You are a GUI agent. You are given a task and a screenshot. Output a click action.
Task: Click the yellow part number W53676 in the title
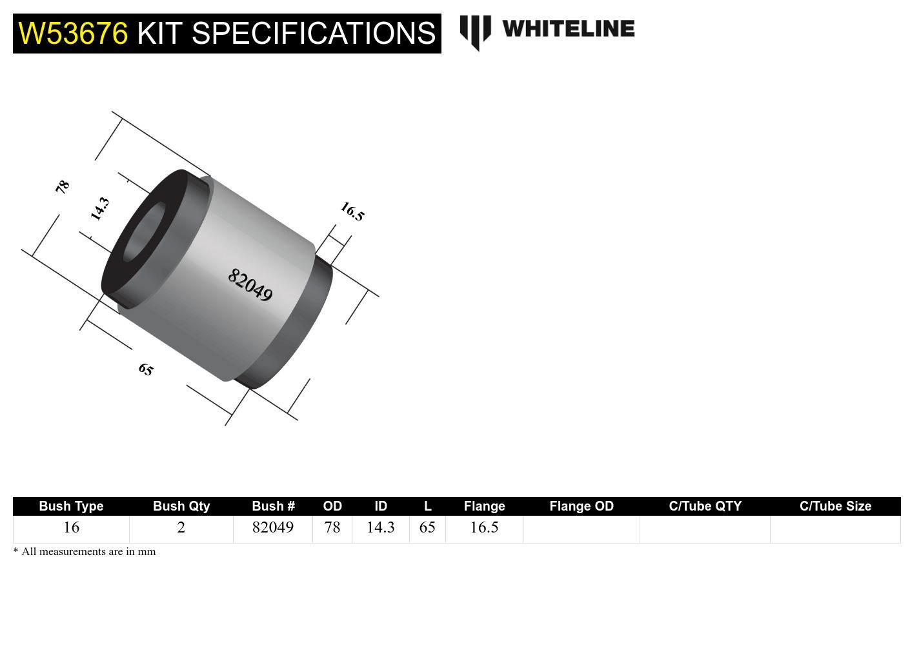[x=73, y=33]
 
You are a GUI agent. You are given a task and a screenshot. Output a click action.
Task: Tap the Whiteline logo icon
[x=476, y=31]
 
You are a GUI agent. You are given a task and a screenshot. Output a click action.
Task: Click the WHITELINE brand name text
[x=568, y=28]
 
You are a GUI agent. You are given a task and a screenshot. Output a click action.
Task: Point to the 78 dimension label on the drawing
[x=62, y=187]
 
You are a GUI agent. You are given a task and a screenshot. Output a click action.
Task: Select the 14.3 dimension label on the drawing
[x=99, y=209]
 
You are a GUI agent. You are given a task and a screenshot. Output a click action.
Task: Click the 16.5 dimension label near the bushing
[x=352, y=211]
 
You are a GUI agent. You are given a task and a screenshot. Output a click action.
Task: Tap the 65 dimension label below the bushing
[x=147, y=369]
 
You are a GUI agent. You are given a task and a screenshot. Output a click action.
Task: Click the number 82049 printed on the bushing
[x=250, y=285]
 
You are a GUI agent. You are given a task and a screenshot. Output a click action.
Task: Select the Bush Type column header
[x=71, y=506]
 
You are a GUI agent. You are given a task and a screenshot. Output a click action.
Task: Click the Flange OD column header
[x=581, y=506]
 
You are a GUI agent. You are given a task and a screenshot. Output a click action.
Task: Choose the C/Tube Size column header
[x=835, y=506]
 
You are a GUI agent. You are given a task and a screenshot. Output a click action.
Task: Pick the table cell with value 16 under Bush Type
[x=71, y=527]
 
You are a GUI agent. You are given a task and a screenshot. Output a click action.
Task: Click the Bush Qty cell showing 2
[x=181, y=527]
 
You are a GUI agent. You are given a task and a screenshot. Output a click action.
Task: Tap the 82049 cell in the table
[x=272, y=527]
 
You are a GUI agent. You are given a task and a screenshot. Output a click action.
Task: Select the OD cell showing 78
[x=332, y=527]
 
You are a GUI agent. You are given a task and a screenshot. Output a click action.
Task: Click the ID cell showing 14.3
[x=380, y=527]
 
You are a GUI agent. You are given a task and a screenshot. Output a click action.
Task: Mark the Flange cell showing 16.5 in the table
[x=484, y=527]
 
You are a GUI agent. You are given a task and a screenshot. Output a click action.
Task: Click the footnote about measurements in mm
[x=85, y=551]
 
